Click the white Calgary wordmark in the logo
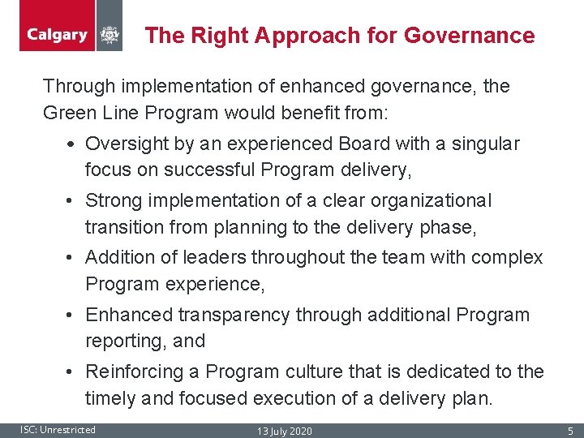coord(57,35)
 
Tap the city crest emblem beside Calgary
coord(109,35)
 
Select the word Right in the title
coord(222,36)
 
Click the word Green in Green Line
coord(68,114)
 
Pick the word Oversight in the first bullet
coord(126,144)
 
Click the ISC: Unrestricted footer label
coord(58,430)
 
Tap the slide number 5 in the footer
coord(570,431)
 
